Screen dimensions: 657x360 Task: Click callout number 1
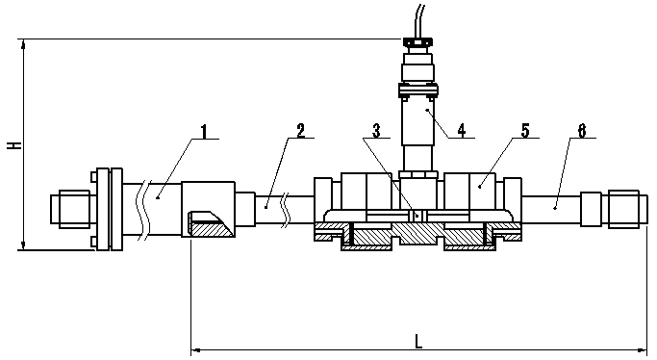[204, 131]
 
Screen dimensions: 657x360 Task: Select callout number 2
[301, 131]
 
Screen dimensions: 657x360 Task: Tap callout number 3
[377, 131]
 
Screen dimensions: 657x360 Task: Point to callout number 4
[462, 131]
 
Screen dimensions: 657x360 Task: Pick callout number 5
[525, 131]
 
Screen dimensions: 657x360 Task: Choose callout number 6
[582, 131]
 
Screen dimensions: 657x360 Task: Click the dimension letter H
[15, 145]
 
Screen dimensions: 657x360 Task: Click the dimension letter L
[418, 341]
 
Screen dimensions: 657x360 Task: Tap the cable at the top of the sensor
[419, 20]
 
